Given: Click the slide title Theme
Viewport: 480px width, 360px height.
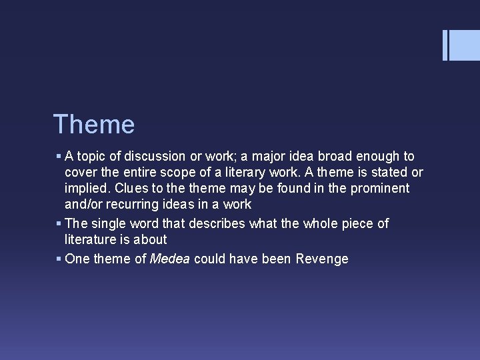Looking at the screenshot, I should pyautogui.click(x=93, y=125).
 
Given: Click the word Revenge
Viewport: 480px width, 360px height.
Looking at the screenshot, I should pyautogui.click(x=322, y=259).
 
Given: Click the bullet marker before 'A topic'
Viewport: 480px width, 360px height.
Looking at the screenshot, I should pyautogui.click(x=59, y=157).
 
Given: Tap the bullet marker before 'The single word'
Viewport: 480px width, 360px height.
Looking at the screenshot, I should pyautogui.click(x=59, y=223).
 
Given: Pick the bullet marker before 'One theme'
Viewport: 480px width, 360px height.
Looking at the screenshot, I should pyautogui.click(x=59, y=259).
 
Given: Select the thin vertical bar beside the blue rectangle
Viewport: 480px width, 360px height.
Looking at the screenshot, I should pyautogui.click(x=445, y=45).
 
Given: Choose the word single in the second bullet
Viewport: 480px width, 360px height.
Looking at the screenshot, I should pyautogui.click(x=107, y=223).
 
